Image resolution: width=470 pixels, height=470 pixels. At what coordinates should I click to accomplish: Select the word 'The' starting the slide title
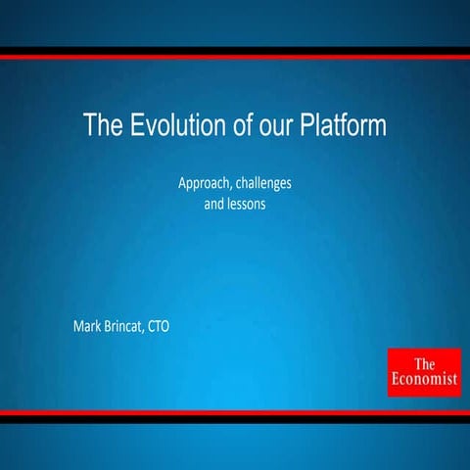[x=102, y=126]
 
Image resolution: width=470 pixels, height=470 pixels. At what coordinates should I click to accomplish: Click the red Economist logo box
[x=423, y=372]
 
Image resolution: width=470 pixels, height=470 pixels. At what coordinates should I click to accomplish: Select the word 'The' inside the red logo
[x=424, y=362]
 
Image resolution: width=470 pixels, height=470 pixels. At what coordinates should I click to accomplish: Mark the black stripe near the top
[x=235, y=49]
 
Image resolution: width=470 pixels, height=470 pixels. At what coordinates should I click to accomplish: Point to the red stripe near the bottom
[x=235, y=413]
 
